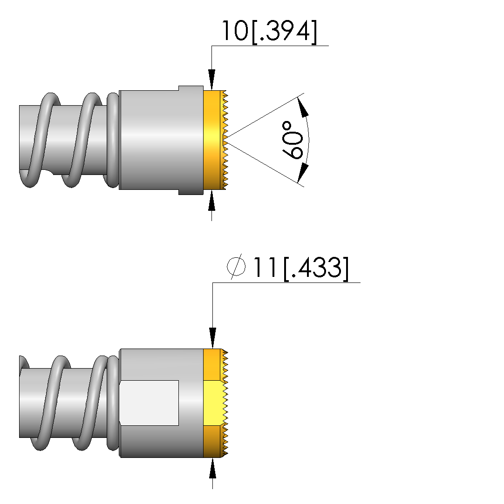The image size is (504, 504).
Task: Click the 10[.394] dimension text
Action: [269, 31]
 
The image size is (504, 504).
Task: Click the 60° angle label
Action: [293, 140]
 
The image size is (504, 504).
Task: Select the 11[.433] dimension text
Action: [301, 268]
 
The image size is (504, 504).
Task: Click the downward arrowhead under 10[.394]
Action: [211, 80]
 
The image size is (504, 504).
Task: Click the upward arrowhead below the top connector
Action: [211, 201]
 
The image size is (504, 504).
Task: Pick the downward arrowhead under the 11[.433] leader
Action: [212, 338]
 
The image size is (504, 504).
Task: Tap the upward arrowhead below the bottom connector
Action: [212, 469]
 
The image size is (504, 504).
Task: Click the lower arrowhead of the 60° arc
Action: [303, 174]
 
